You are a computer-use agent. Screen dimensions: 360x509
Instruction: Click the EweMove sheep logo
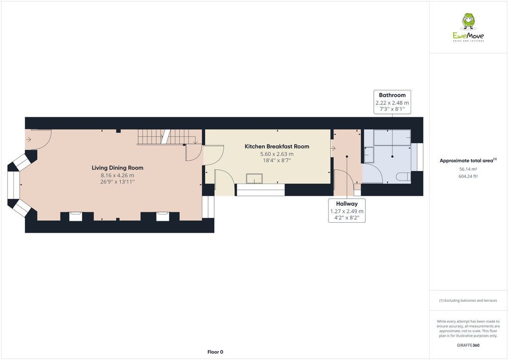(x=468, y=22)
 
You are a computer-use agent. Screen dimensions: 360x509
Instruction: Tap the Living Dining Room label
(x=117, y=168)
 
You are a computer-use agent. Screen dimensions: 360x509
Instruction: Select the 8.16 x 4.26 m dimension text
(x=117, y=176)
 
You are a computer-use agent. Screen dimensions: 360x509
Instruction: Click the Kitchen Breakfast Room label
(x=277, y=147)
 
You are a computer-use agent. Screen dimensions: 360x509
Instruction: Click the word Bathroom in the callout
(x=392, y=95)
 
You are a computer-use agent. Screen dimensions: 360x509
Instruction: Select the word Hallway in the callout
(x=346, y=204)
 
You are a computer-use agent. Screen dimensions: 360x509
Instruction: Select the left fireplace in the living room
(x=76, y=216)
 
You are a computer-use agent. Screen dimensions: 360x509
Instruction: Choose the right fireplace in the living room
(x=163, y=216)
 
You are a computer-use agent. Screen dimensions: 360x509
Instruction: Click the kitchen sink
(x=255, y=178)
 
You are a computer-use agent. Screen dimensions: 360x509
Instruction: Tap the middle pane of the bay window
(x=13, y=185)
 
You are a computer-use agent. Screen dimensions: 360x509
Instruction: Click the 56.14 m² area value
(x=467, y=169)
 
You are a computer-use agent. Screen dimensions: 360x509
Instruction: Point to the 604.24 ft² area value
(x=467, y=176)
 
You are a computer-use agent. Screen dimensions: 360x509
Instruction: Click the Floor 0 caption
(x=215, y=352)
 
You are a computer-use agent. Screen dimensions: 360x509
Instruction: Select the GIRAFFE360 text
(x=468, y=345)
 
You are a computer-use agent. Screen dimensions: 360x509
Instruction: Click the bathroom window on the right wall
(x=420, y=157)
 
